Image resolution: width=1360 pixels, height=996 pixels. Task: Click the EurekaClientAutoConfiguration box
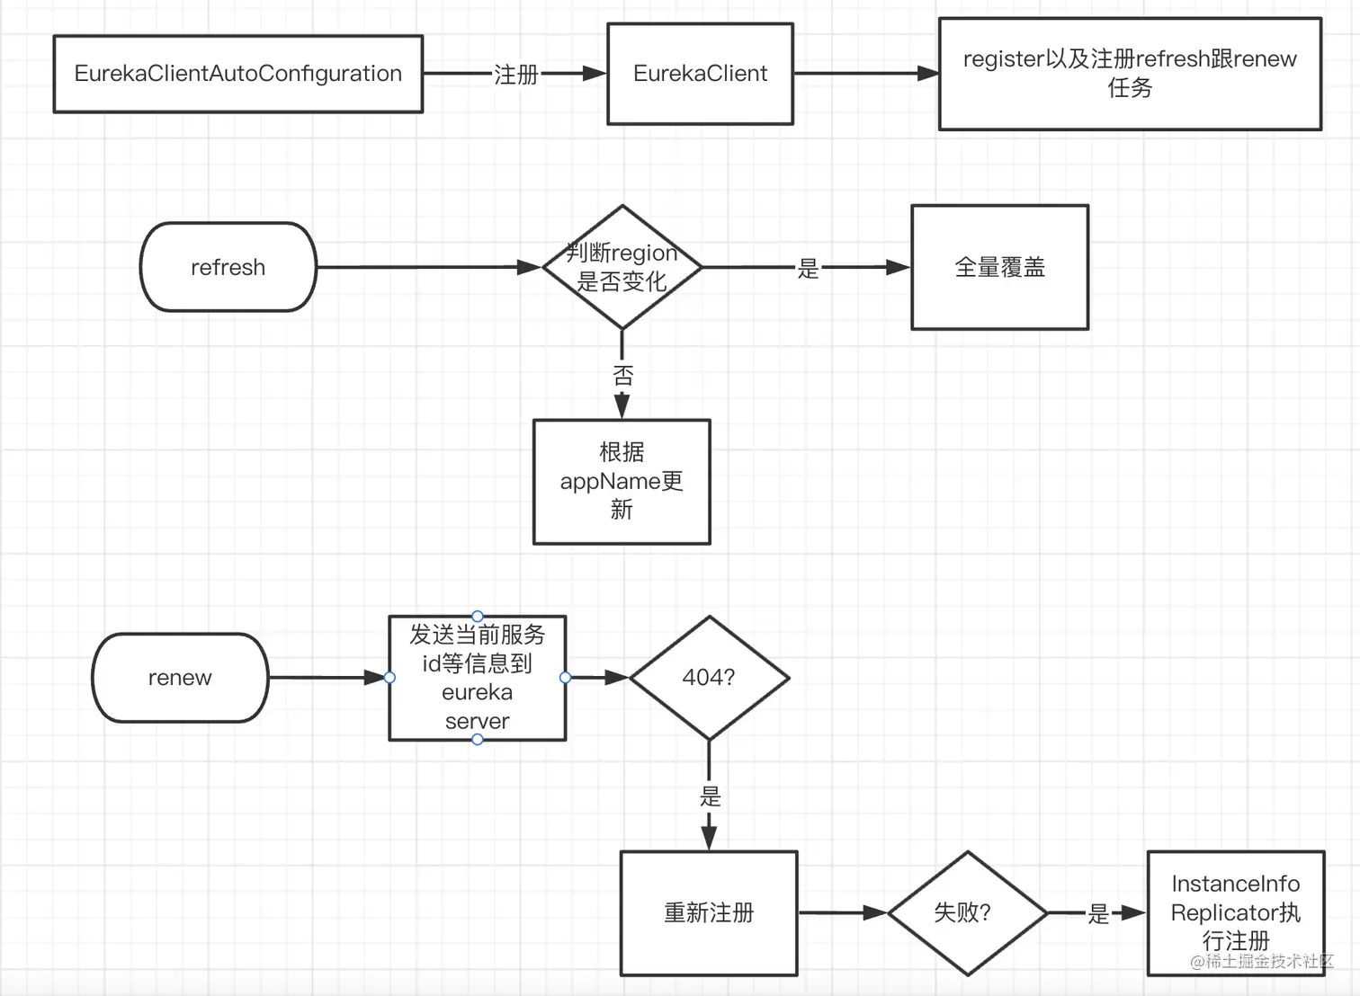237,74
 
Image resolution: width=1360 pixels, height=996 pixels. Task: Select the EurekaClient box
700,74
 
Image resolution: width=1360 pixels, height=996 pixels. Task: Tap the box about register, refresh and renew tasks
1130,74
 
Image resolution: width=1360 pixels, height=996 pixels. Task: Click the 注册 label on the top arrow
515,75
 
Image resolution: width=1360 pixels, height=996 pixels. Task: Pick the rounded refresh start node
228,267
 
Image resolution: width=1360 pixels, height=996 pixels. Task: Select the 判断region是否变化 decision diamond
622,267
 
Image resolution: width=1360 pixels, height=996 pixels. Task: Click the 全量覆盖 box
999,267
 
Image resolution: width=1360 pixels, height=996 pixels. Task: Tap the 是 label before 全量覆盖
808,268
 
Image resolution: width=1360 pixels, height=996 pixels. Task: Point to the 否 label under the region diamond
622,375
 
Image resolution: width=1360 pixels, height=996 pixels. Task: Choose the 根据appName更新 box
622,481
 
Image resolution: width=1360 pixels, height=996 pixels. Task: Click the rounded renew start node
180,678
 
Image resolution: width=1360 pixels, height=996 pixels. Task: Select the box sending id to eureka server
477,678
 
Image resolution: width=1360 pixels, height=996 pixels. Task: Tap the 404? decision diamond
709,678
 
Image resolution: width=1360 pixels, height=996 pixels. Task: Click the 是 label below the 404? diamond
710,796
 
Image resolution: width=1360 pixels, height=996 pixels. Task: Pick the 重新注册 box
709,912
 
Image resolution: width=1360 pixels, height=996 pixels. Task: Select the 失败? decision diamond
967,912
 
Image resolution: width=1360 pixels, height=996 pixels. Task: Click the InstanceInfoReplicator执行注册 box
1235,912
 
